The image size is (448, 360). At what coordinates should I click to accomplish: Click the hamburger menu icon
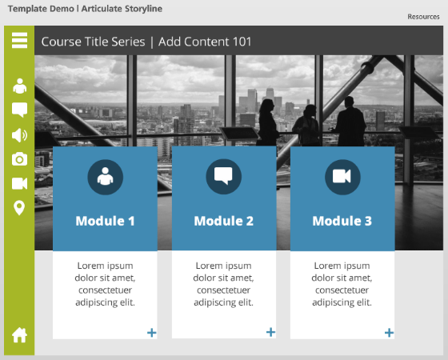coord(19,40)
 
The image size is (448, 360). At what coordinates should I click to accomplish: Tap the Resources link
coord(423,17)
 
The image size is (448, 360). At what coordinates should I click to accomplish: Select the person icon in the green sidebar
coord(19,86)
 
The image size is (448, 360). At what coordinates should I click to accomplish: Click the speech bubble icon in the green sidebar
coord(19,110)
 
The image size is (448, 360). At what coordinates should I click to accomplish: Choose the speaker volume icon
coord(19,135)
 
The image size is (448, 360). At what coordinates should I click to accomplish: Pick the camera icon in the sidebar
coord(19,159)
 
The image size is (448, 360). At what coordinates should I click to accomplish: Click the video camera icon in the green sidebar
coord(19,183)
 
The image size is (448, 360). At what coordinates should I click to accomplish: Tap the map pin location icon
coord(19,208)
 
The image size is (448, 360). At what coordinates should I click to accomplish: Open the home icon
coord(19,335)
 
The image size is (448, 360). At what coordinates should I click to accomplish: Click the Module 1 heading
coord(105,221)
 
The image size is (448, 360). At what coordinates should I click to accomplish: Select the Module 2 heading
coord(224,221)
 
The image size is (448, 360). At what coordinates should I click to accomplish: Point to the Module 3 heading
coord(342,221)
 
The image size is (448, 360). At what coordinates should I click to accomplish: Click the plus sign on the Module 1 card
coord(152,333)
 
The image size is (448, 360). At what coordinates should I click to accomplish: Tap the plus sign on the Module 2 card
coord(270,332)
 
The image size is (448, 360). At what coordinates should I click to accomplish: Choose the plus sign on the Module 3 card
coord(389,333)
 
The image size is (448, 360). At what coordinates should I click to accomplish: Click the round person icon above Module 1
coord(106,177)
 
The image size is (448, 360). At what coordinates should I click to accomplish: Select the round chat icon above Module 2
coord(224,177)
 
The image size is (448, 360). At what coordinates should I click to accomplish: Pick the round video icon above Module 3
coord(342,177)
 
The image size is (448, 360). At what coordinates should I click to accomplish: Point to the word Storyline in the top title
coord(143,9)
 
